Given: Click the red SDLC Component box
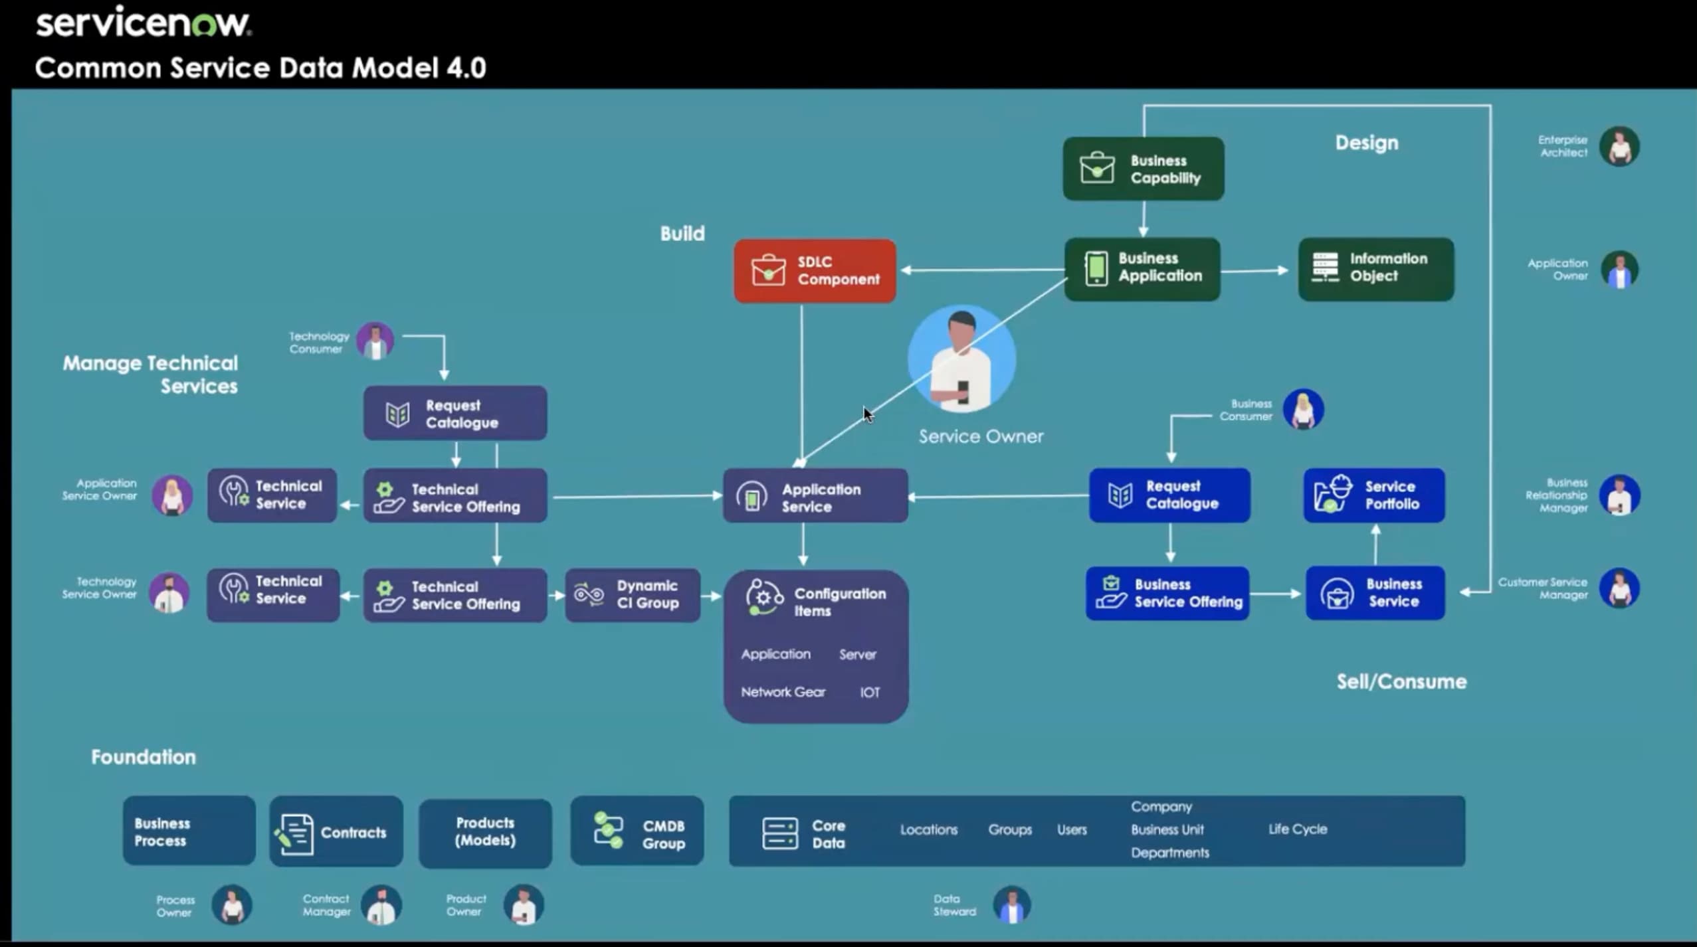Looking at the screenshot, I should (815, 271).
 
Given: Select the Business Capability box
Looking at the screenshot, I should (1143, 169).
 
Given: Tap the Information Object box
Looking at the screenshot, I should (1375, 268).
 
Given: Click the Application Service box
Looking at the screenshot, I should (815, 496).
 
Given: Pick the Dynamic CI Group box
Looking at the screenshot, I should (633, 595).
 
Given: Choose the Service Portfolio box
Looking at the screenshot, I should (1374, 495).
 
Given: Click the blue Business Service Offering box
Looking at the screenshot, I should (1167, 593).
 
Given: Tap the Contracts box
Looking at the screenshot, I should (336, 831).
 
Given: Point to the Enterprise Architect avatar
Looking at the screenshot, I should (1619, 146).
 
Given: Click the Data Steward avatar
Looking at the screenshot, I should (1011, 904).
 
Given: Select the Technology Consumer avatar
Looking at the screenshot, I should (375, 341).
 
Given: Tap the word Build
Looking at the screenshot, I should (682, 234).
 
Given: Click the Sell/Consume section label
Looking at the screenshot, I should (1401, 682).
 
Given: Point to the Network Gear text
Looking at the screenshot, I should (783, 692).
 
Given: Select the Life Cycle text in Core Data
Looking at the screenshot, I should (1297, 829).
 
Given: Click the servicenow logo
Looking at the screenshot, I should (143, 24).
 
